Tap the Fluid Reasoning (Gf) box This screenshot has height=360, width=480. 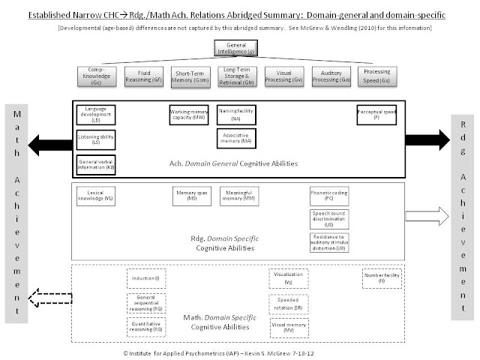[x=144, y=76]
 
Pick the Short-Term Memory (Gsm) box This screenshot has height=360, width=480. [x=190, y=76]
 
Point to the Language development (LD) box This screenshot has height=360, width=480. [x=95, y=114]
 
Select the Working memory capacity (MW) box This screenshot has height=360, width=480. [x=189, y=115]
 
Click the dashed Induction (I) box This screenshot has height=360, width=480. [x=145, y=278]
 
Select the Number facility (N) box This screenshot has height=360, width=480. [x=382, y=278]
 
